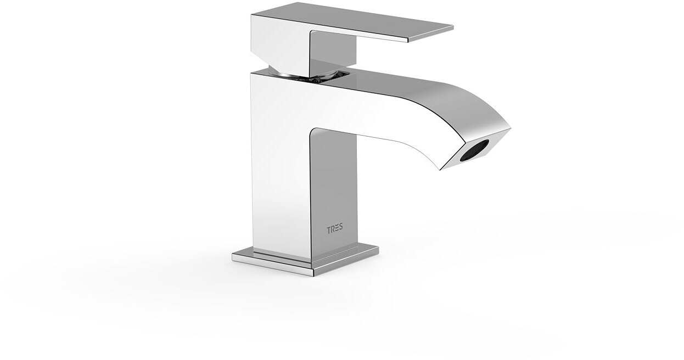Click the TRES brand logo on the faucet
tap(335, 229)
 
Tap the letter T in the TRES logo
tap(329, 229)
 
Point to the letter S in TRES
tap(341, 229)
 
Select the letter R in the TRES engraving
tap(333, 229)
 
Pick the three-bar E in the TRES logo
tap(337, 229)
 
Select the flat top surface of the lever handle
tap(351, 21)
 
